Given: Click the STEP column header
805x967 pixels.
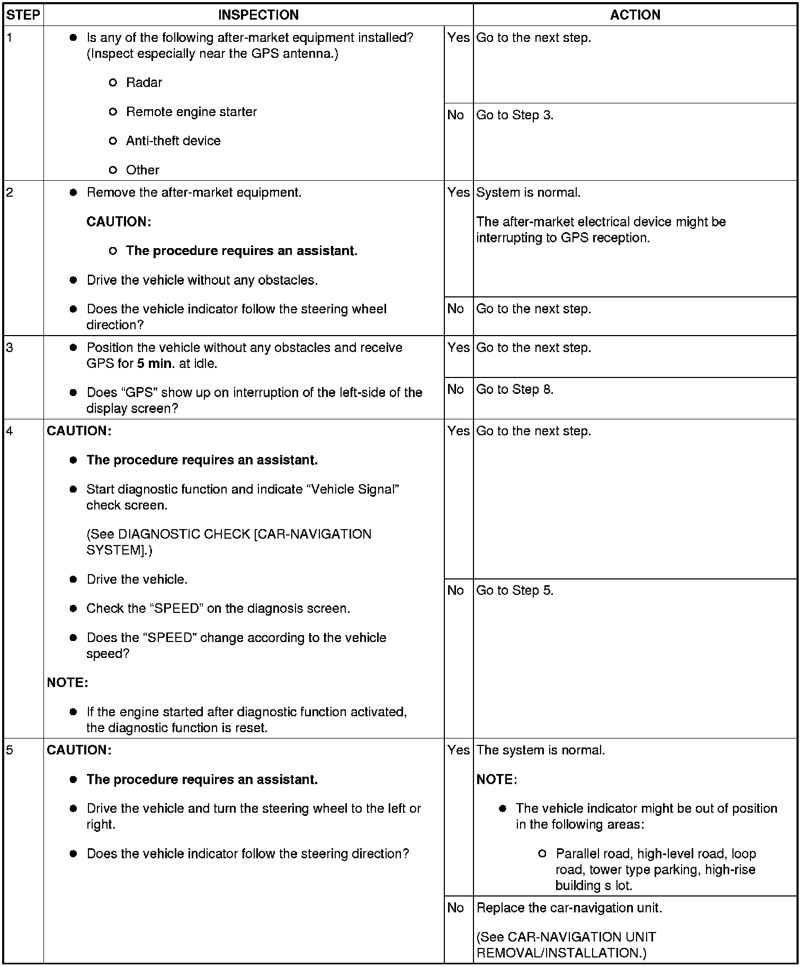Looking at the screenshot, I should [23, 15].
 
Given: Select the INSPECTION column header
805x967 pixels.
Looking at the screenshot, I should [258, 15].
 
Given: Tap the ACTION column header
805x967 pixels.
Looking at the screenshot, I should [634, 15].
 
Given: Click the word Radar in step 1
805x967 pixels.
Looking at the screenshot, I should [144, 83].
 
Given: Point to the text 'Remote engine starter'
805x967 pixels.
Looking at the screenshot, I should [191, 112].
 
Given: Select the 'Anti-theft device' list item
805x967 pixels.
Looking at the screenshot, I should [173, 141].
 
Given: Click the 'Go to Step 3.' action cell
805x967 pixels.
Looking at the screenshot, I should [515, 115].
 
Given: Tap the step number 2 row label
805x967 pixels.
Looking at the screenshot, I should [10, 192].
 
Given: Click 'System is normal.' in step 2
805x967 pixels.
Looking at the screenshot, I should [528, 192].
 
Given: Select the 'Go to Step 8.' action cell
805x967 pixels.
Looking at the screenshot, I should [515, 390].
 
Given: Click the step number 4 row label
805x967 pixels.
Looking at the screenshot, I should [10, 431].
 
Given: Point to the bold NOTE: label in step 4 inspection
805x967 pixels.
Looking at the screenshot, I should [67, 683].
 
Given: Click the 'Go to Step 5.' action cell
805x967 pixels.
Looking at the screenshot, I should [515, 591].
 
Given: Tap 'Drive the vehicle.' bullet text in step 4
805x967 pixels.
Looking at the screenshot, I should [137, 579].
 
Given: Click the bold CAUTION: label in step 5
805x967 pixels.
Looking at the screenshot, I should [79, 750].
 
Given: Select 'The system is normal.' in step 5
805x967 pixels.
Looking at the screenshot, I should [540, 750].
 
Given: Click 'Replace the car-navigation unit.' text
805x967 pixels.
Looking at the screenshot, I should [569, 908].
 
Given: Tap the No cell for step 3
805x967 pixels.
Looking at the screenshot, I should [455, 390].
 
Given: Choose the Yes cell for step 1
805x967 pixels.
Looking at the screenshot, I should [458, 38].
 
